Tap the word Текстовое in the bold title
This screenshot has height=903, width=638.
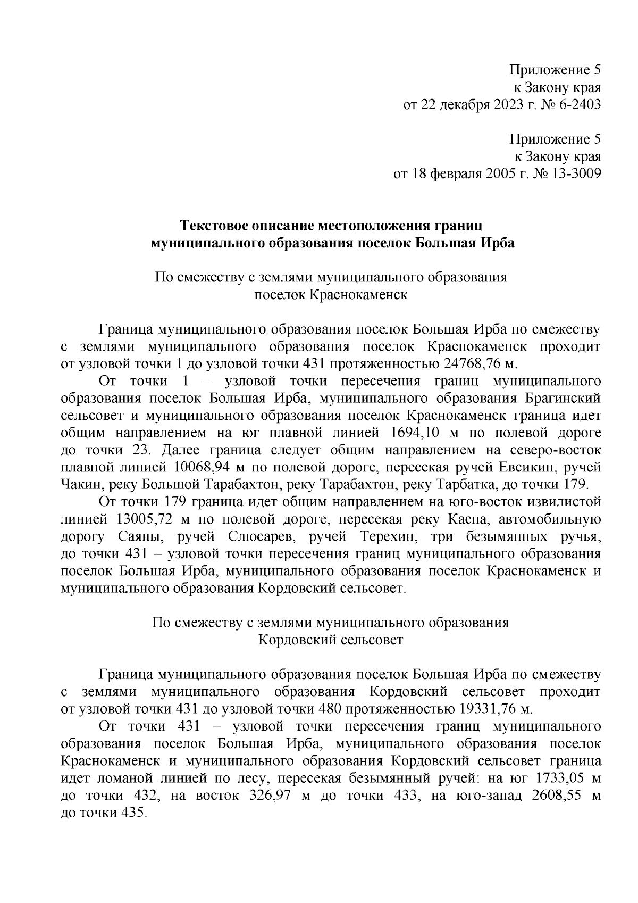pos(215,226)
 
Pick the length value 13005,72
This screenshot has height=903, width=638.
pos(145,519)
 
